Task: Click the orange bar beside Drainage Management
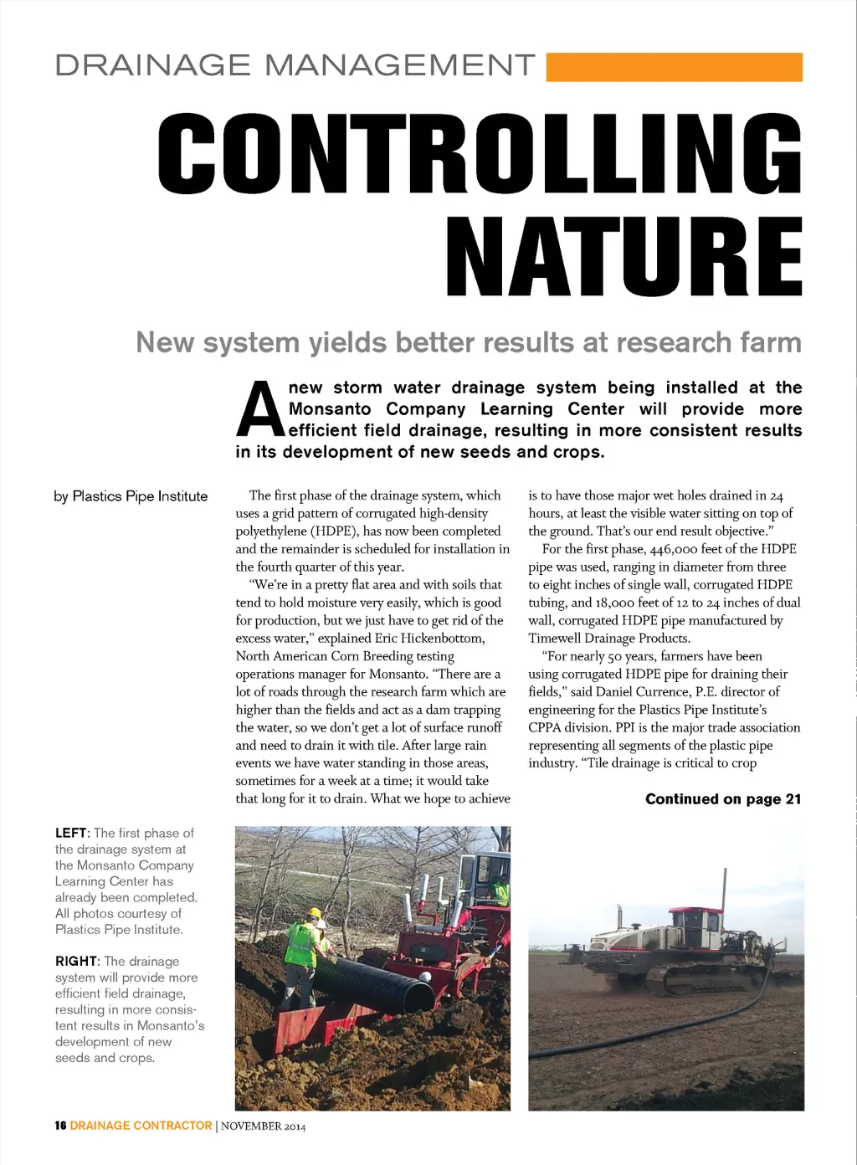pyautogui.click(x=674, y=67)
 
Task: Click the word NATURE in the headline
pyautogui.click(x=624, y=257)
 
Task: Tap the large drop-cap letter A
pyautogui.click(x=260, y=410)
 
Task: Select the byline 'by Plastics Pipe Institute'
pyautogui.click(x=131, y=496)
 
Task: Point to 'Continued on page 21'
pyautogui.click(x=722, y=799)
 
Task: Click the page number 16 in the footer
pyautogui.click(x=60, y=1126)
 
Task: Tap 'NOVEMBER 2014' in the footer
pyautogui.click(x=264, y=1127)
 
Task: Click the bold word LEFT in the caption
pyautogui.click(x=71, y=834)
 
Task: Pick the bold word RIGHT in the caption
pyautogui.click(x=76, y=962)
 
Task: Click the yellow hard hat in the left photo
pyautogui.click(x=315, y=913)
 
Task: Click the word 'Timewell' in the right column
pyautogui.click(x=557, y=639)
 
